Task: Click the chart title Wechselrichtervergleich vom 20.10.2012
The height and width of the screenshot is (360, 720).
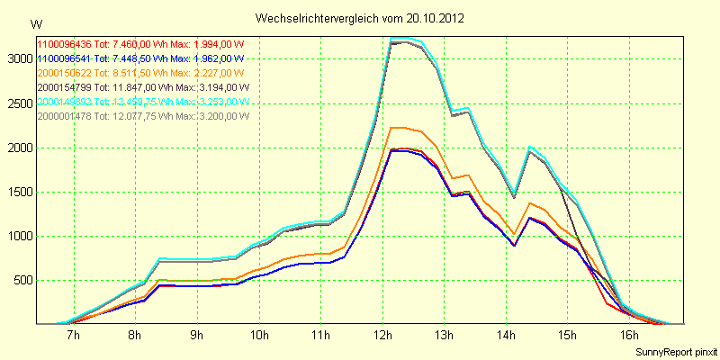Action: [360, 18]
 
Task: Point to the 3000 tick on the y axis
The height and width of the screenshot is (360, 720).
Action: [18, 58]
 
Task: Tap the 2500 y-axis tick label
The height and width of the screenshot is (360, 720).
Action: [18, 103]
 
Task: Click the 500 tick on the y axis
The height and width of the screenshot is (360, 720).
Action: [21, 281]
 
